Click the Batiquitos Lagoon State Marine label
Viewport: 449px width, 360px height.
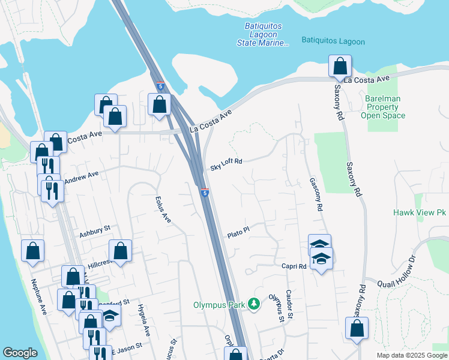(267, 34)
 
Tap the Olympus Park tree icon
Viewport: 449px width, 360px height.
(255, 305)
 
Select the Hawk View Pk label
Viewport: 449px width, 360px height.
(420, 213)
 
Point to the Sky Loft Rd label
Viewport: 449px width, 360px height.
(226, 165)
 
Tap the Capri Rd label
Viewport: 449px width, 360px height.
(294, 266)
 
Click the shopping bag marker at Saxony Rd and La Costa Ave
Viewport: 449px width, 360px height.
(340, 66)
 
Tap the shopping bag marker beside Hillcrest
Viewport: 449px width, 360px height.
(120, 251)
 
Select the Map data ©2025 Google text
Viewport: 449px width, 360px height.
(411, 355)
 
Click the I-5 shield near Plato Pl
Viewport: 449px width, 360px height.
(205, 193)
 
